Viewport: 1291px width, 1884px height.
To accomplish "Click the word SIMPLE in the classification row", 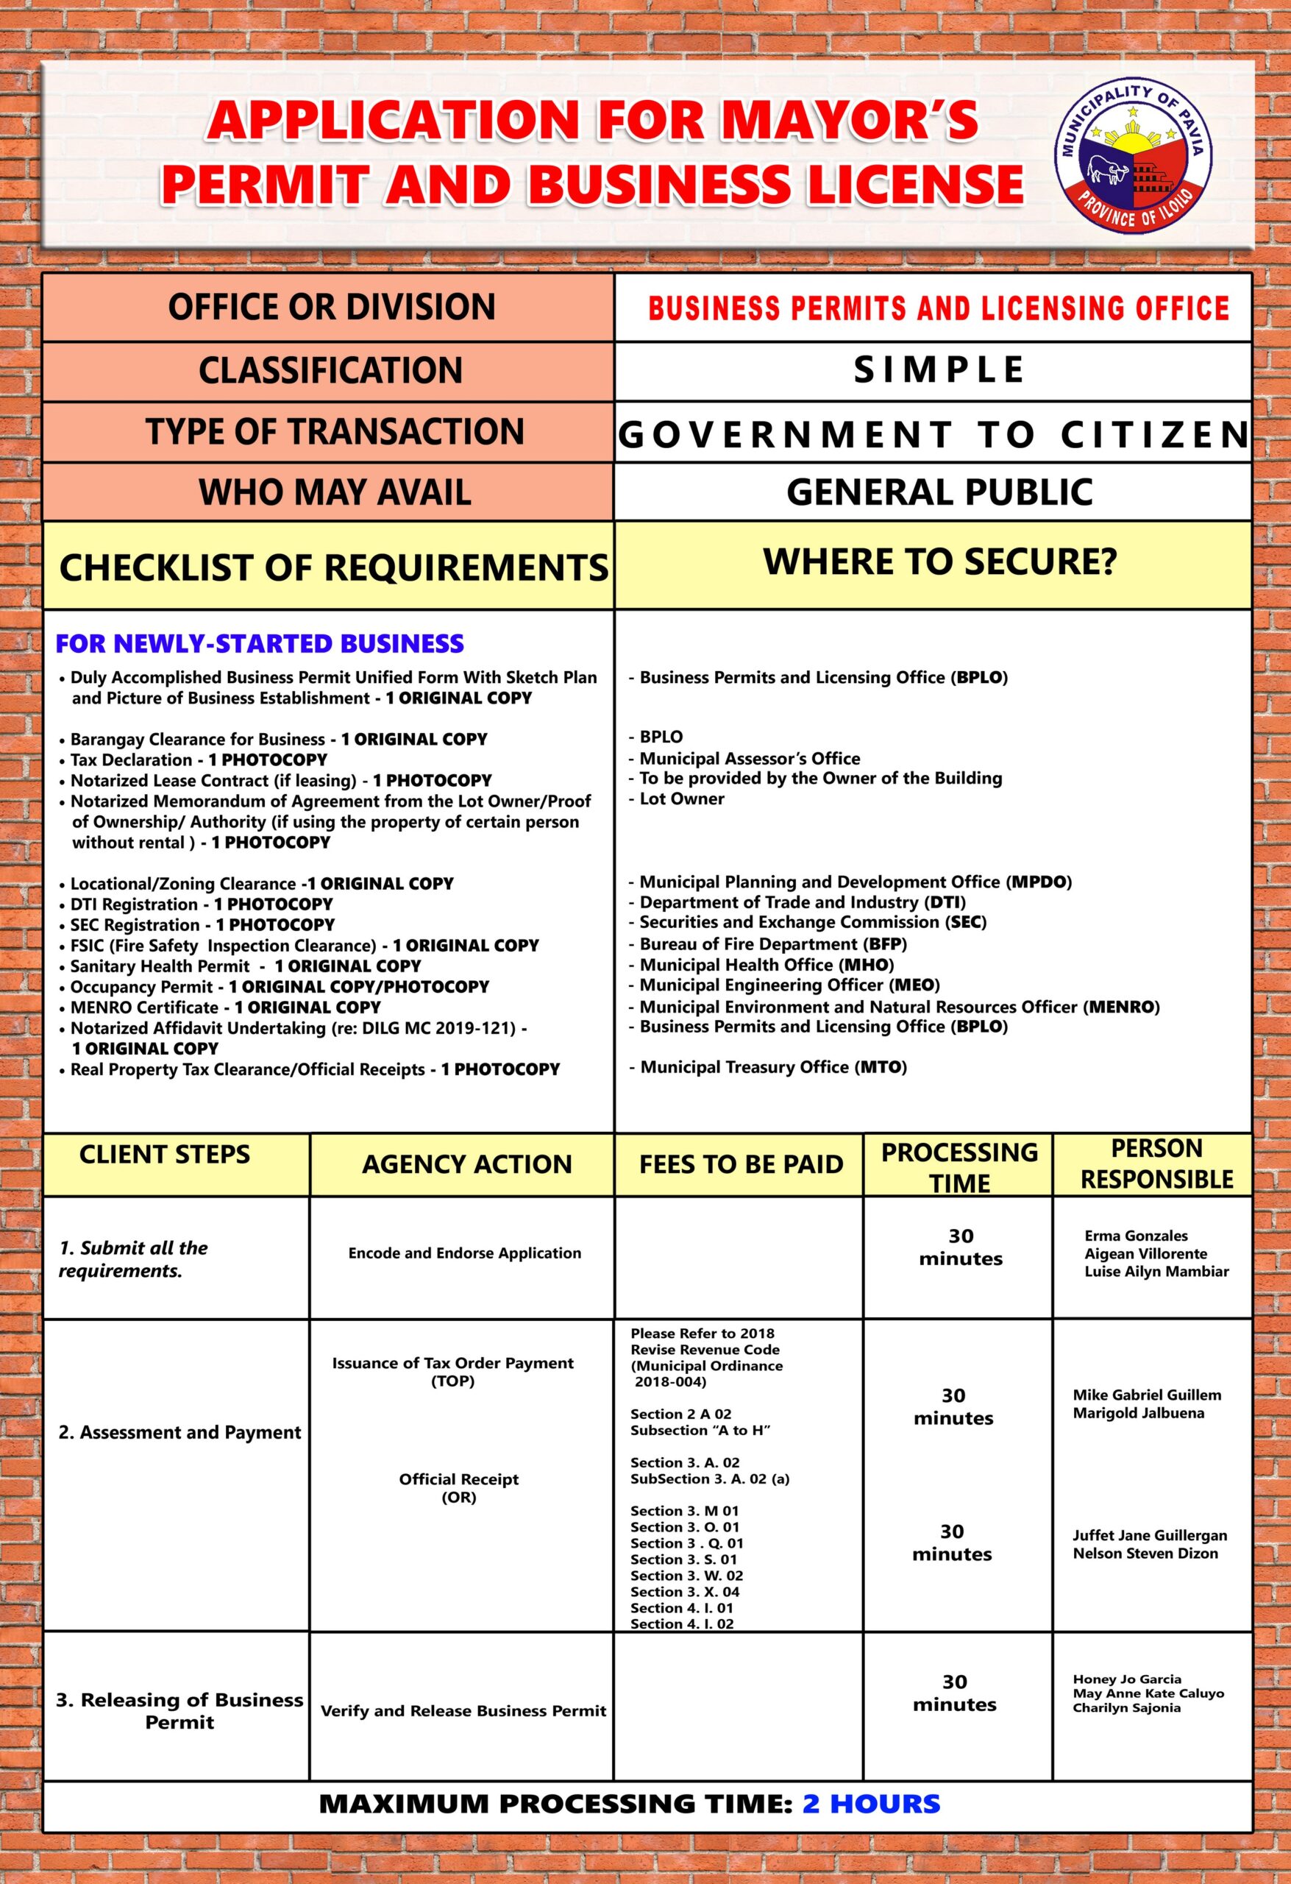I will click(x=939, y=370).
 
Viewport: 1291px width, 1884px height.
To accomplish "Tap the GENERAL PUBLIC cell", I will click(x=939, y=492).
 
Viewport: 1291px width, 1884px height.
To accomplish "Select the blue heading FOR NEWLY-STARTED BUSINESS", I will click(x=260, y=644).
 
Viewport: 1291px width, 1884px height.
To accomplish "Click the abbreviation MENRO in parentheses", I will click(x=1122, y=1007).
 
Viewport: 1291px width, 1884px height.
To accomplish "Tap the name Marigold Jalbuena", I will click(x=1138, y=1413).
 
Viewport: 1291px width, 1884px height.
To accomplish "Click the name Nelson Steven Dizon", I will click(x=1145, y=1554).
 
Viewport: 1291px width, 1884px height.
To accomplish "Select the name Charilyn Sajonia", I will click(x=1126, y=1708).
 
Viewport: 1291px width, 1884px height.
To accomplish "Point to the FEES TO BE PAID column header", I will click(x=741, y=1165).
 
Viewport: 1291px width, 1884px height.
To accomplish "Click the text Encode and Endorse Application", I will click(x=464, y=1253).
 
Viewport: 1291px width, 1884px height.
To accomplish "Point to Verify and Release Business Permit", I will click(x=463, y=1711).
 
